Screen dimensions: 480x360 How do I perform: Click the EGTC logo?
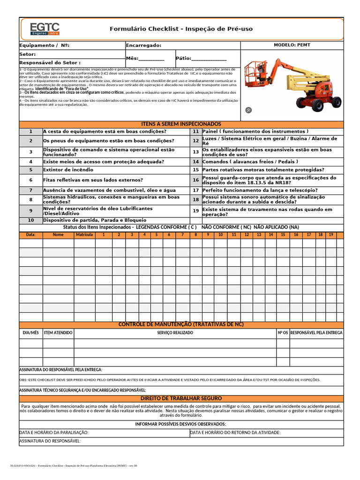(x=44, y=29)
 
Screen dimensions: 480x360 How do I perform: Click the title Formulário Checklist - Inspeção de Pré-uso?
(x=181, y=29)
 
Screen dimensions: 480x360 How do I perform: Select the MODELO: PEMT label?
(x=292, y=45)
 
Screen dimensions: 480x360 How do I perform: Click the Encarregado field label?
(x=143, y=45)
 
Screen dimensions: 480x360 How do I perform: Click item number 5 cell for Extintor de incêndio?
(x=31, y=170)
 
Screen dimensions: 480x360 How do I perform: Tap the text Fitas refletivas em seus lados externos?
(x=93, y=180)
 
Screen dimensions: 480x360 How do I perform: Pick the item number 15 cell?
(x=196, y=170)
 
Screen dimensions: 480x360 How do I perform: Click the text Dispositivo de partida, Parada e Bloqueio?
(x=95, y=220)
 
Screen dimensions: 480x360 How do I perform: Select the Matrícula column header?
(x=85, y=234)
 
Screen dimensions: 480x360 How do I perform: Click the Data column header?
(x=31, y=234)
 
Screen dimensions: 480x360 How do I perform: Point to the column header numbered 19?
(x=331, y=234)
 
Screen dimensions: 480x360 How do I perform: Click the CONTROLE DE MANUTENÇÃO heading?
(x=181, y=324)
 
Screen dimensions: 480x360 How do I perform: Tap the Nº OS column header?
(x=283, y=333)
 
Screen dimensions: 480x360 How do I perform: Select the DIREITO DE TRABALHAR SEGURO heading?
(x=181, y=398)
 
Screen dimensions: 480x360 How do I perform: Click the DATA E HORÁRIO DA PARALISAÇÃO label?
(x=54, y=433)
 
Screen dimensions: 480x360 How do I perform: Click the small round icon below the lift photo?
(x=249, y=110)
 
